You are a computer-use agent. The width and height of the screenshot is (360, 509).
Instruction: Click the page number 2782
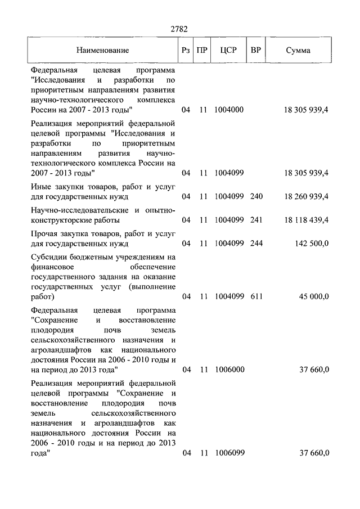[x=179, y=29]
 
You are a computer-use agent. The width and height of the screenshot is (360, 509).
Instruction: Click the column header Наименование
[x=103, y=50]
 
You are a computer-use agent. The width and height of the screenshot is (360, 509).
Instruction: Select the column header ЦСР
[x=228, y=50]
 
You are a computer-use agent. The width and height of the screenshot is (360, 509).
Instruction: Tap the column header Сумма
[x=298, y=50]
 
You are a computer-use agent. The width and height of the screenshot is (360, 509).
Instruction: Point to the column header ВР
[x=256, y=50]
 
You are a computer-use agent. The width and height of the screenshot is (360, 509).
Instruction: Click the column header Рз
[x=186, y=50]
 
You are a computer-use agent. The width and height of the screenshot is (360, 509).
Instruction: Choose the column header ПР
[x=203, y=50]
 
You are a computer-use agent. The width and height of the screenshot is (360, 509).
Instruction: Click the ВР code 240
[x=256, y=196]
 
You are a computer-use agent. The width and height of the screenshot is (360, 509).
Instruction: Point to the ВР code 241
[x=256, y=220]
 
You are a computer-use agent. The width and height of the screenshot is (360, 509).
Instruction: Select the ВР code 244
[x=256, y=244]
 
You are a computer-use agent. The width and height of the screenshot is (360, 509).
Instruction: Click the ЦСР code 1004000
[x=228, y=110]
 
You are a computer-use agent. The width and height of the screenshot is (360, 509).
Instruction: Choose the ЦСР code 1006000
[x=228, y=370]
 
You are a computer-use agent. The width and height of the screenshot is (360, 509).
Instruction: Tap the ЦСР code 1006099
[x=228, y=453]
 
